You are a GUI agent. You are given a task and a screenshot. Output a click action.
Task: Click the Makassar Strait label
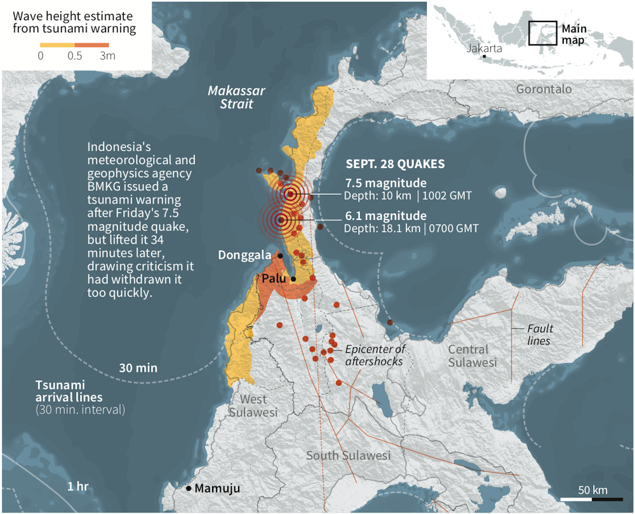[236, 97]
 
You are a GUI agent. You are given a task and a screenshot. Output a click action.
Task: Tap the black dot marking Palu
[293, 279]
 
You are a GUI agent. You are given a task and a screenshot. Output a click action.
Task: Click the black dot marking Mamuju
[189, 488]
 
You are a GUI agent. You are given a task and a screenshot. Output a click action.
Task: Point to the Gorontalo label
[544, 89]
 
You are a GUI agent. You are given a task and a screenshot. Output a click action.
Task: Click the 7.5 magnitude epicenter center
[290, 194]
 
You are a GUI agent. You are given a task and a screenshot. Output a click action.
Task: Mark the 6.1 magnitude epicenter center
[280, 220]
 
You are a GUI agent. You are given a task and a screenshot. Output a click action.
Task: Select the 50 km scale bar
[592, 500]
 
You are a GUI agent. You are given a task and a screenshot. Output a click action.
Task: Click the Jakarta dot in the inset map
[484, 56]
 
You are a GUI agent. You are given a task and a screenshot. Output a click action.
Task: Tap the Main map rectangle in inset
[542, 33]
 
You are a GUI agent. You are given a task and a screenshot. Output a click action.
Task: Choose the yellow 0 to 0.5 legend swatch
[57, 45]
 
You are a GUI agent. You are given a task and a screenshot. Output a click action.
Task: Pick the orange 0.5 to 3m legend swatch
[92, 45]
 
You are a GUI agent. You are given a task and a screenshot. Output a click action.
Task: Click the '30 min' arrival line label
[138, 367]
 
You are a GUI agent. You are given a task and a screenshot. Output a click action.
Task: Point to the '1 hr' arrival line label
[77, 486]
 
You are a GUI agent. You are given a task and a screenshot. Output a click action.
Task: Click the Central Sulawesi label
[472, 355]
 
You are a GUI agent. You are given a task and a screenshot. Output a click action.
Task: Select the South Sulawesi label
[348, 456]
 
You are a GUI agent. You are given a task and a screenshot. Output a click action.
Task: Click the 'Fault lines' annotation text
[540, 334]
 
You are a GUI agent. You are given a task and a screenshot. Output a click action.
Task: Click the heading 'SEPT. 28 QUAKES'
[394, 164]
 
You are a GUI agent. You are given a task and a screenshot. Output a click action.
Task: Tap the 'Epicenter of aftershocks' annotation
[375, 355]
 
